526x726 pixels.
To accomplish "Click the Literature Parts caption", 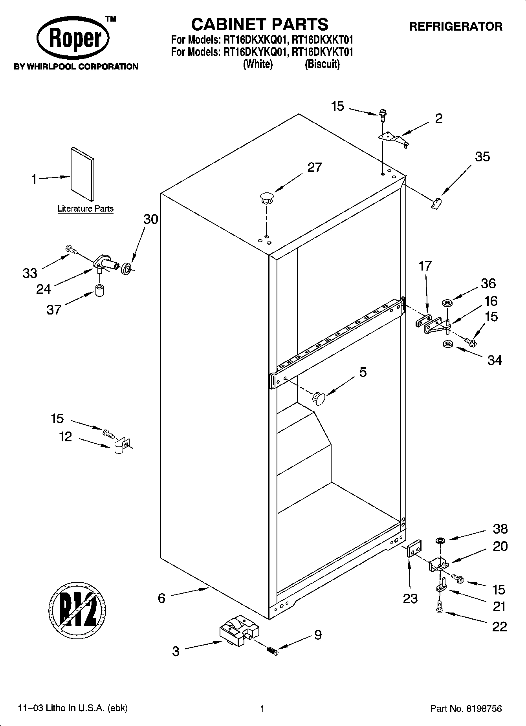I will [x=85, y=209].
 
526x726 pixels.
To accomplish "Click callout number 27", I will [x=314, y=168].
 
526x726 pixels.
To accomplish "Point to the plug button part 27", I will [x=266, y=197].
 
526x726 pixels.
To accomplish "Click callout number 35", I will [x=482, y=157].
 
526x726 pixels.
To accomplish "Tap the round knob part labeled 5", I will [x=318, y=399].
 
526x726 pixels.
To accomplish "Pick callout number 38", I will [x=500, y=529].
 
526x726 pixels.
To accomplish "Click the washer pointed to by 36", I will [x=447, y=303].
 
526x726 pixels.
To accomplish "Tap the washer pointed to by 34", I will [x=447, y=344].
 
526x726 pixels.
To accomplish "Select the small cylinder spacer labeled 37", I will [x=100, y=290].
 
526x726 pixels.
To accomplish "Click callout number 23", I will [x=410, y=598].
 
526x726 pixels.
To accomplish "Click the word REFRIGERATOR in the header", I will [x=456, y=27].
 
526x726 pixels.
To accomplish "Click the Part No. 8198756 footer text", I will [x=466, y=709].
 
